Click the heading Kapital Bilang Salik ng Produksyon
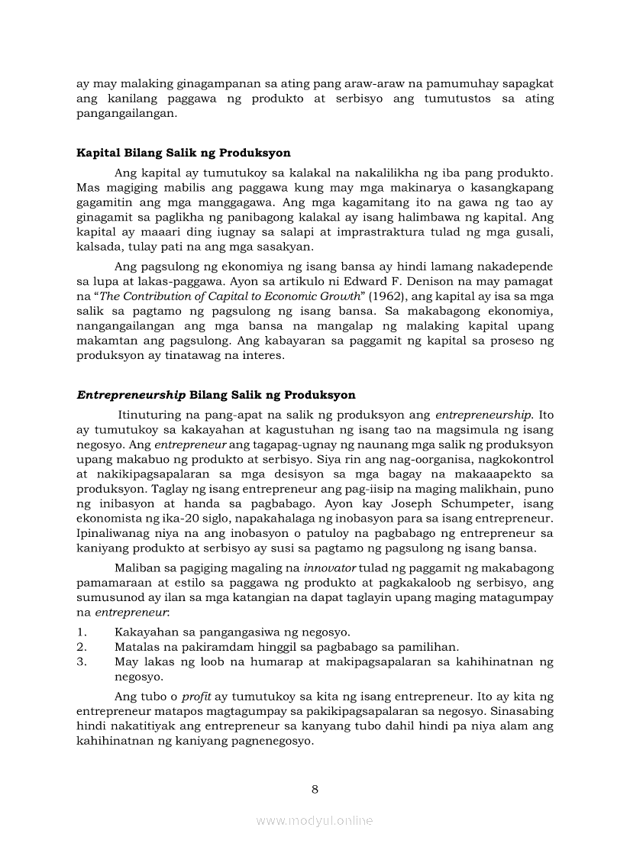point(183,153)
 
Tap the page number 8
point(315,789)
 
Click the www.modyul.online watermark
point(315,821)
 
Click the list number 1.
point(81,632)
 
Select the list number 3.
point(81,661)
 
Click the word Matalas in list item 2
point(135,647)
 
